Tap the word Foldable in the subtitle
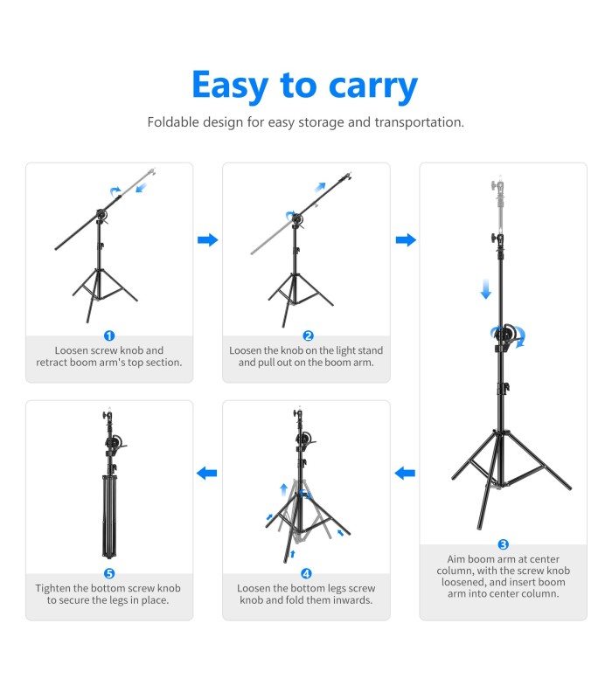tap(173, 121)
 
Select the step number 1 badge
tap(109, 336)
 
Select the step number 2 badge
tap(308, 336)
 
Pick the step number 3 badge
tap(504, 544)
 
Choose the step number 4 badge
tap(306, 573)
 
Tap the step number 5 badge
tap(109, 573)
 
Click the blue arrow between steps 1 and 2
tap(207, 239)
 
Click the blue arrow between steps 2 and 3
tap(406, 239)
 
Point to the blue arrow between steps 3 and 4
tap(405, 473)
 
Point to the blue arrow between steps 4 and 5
tap(207, 473)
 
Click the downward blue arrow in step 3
tap(486, 289)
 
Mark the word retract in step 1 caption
tap(52, 363)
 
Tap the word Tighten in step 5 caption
tap(52, 588)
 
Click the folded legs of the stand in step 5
tap(109, 517)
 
